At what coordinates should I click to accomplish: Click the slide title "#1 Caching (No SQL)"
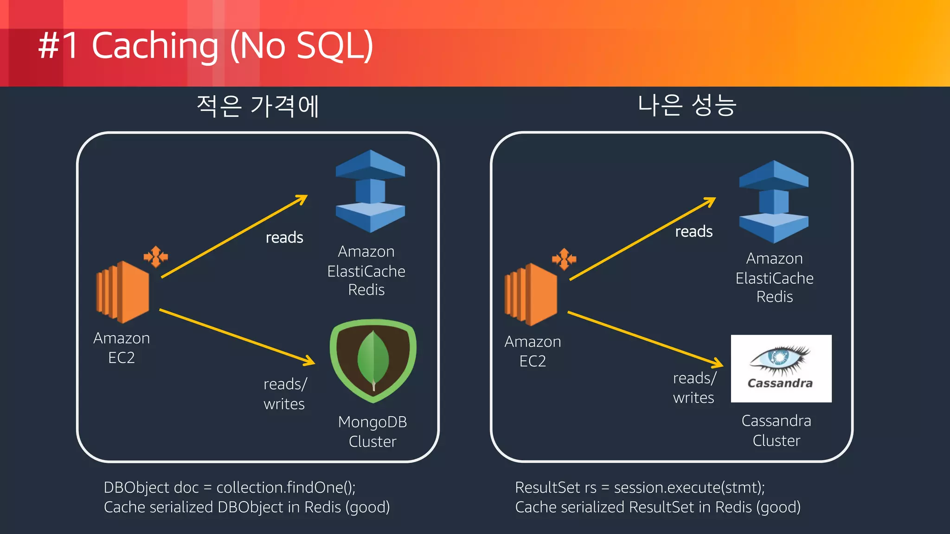205,45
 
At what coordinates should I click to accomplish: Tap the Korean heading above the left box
258,106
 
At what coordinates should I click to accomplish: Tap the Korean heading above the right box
687,105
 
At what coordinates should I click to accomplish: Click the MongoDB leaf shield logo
373,360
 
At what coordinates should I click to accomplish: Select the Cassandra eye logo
781,368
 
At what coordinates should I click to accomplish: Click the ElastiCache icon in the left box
370,191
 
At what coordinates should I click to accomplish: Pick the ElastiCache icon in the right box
774,202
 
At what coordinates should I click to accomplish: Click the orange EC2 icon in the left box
123,292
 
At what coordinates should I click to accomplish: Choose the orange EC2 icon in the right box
532,294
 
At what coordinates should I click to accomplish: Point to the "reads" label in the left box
284,237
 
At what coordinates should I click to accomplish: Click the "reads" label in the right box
693,231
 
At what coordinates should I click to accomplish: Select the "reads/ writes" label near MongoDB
285,394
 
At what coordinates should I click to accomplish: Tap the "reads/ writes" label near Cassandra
694,388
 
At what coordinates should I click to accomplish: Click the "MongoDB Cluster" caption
372,432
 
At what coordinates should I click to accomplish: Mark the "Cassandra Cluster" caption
776,431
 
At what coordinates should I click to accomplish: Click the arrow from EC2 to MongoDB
237,336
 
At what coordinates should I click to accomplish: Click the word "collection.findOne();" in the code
286,488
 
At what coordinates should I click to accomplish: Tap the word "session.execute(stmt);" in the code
689,488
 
